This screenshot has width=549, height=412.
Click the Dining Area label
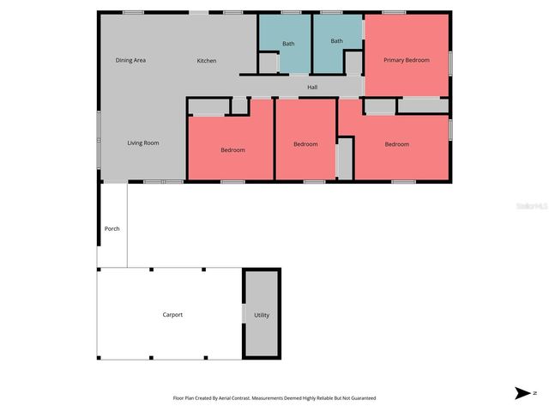pos(130,60)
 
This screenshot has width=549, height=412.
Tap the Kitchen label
pos(207,61)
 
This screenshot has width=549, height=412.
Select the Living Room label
pos(143,142)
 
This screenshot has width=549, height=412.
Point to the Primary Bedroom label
pos(407,60)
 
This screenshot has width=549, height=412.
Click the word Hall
pos(312,87)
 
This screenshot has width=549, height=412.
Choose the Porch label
pos(112,228)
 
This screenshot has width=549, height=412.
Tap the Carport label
pos(172,315)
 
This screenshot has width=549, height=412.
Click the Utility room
pos(262,315)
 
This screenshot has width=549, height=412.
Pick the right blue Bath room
pos(336,41)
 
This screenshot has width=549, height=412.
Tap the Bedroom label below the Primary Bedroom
pos(396,144)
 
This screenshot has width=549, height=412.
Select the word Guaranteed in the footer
pos(360,398)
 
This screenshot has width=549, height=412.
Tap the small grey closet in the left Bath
pos(268,63)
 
